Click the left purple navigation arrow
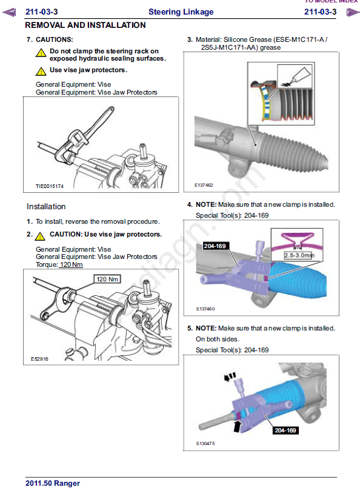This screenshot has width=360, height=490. click(9, 13)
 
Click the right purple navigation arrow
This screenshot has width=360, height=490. click(353, 13)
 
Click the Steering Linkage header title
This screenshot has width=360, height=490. click(181, 12)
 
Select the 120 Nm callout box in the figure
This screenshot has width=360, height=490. click(107, 279)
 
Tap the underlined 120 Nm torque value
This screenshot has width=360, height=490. click(71, 264)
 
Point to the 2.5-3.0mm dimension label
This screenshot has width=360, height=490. click(299, 255)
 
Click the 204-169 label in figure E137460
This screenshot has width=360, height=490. click(215, 246)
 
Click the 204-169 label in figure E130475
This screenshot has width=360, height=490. click(285, 431)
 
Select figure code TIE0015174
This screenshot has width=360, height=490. click(49, 186)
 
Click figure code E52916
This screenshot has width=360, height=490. click(39, 359)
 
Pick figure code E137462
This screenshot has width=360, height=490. click(204, 185)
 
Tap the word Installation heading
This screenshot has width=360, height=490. click(46, 207)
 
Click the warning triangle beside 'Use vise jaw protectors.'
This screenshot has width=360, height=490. click(41, 71)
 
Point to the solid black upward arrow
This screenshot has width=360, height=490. click(238, 426)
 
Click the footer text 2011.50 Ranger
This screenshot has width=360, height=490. click(53, 483)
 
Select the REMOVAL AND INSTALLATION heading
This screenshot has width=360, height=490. click(85, 25)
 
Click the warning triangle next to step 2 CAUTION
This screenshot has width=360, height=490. click(40, 236)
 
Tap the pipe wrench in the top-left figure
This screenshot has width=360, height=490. click(84, 135)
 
